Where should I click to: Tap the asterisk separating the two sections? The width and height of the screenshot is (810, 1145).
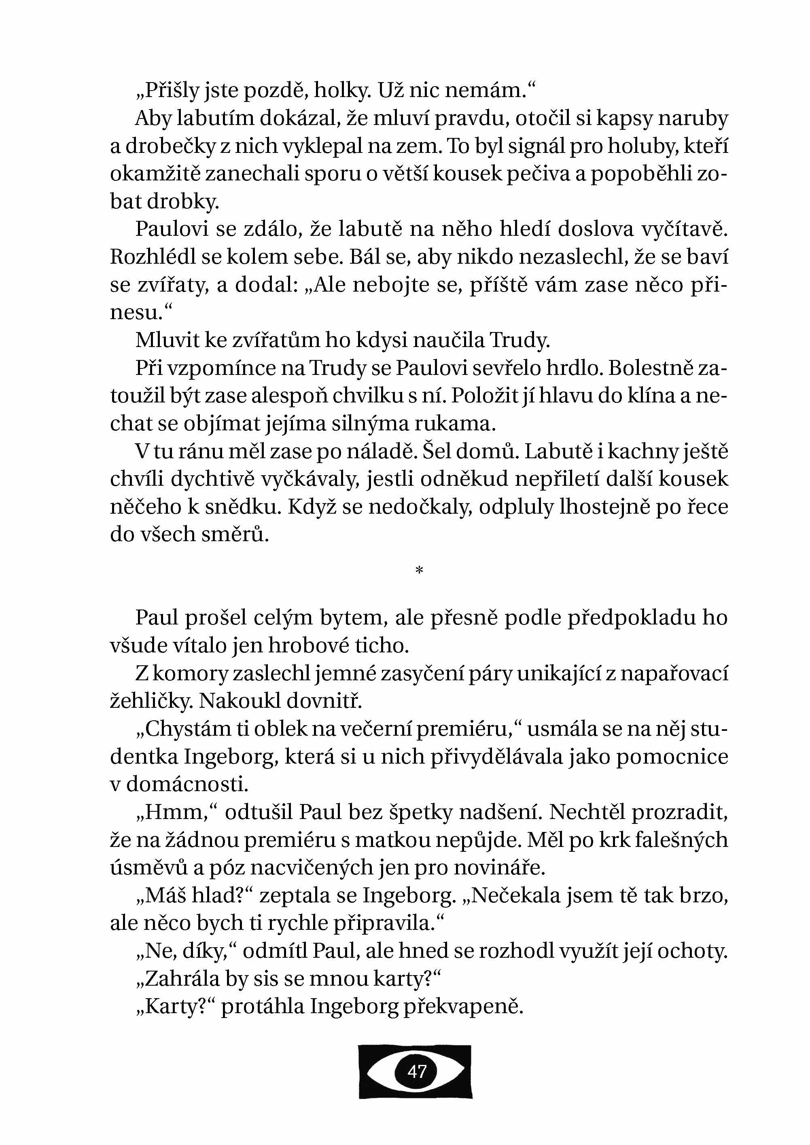click(419, 570)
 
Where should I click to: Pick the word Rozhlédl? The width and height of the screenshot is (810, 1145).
click(152, 257)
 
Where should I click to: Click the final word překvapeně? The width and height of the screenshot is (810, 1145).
click(463, 1006)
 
